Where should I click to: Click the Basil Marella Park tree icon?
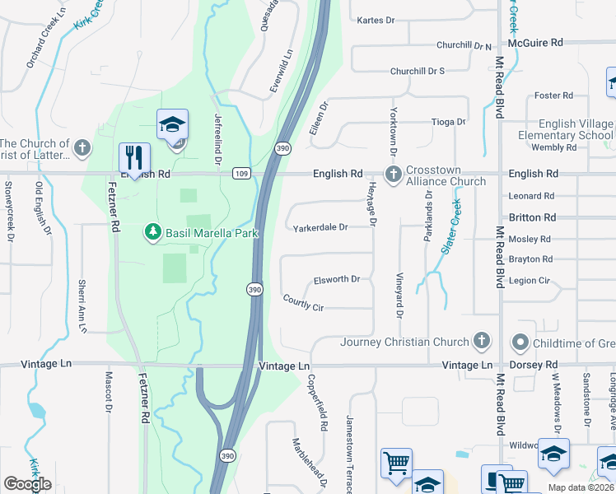point(152,233)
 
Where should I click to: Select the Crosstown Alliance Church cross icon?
point(394,174)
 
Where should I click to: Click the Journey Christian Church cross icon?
point(482,342)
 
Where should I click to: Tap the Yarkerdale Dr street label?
point(321,226)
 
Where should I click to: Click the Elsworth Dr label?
point(338,279)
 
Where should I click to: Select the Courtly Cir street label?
point(302,303)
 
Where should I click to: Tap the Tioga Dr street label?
point(449,122)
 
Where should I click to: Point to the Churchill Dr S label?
point(418,71)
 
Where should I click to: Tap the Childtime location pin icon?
point(520,342)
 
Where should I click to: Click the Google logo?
point(27,484)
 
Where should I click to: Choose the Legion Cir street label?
point(529,281)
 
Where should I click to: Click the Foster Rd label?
point(553,96)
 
